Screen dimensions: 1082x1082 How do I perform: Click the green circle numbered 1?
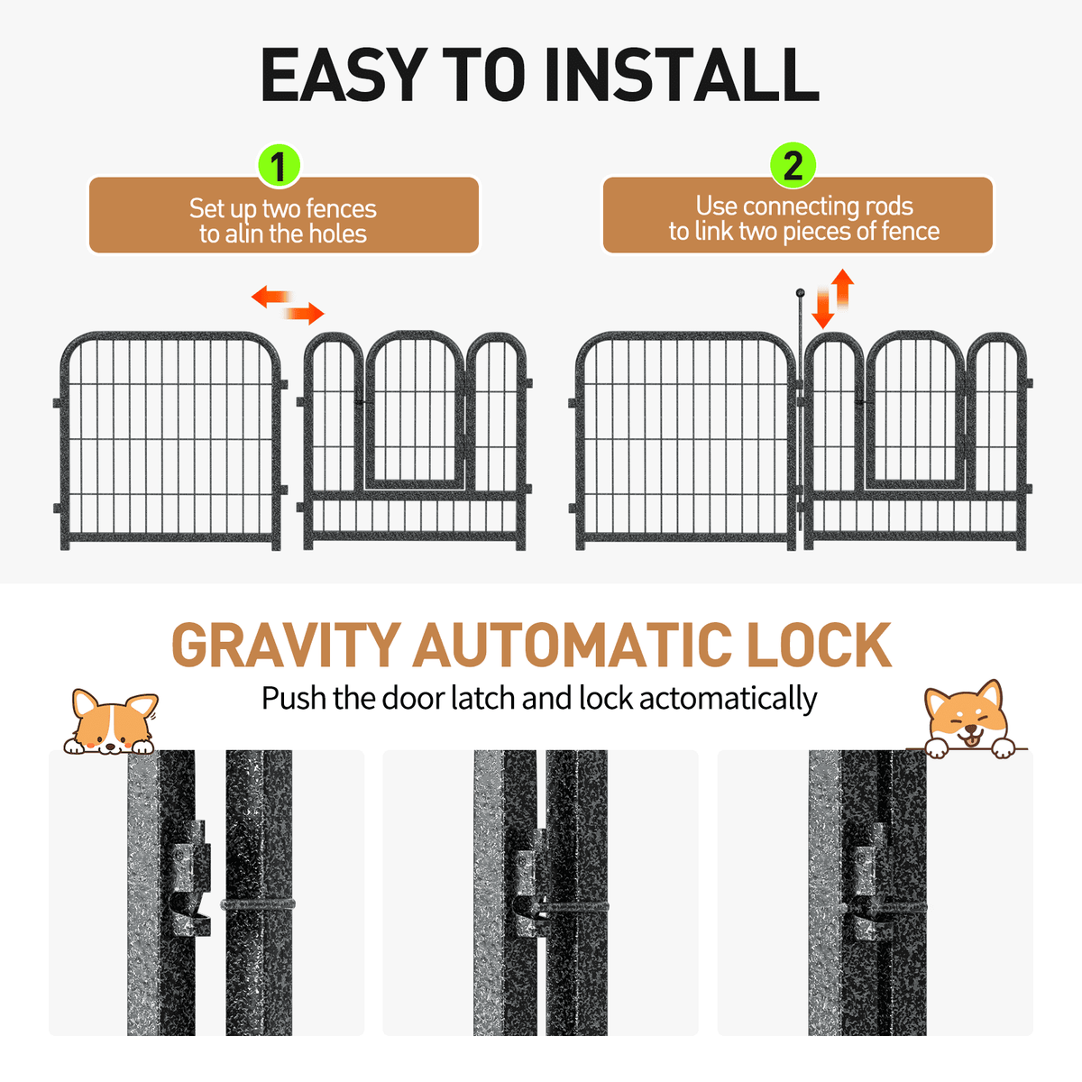279,166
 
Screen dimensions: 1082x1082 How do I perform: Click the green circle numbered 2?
793,166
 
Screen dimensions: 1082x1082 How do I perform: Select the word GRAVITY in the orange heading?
286,645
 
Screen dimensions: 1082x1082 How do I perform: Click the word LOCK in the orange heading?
819,645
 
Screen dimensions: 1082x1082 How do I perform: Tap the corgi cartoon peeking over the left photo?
111,722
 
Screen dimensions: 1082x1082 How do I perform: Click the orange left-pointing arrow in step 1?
271,297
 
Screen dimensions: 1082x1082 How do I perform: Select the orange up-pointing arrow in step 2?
842,289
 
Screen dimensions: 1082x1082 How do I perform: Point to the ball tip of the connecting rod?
800,292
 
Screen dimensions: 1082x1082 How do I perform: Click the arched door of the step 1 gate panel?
415,410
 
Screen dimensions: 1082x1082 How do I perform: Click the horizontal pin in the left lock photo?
258,904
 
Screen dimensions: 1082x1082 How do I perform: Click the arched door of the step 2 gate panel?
915,410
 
